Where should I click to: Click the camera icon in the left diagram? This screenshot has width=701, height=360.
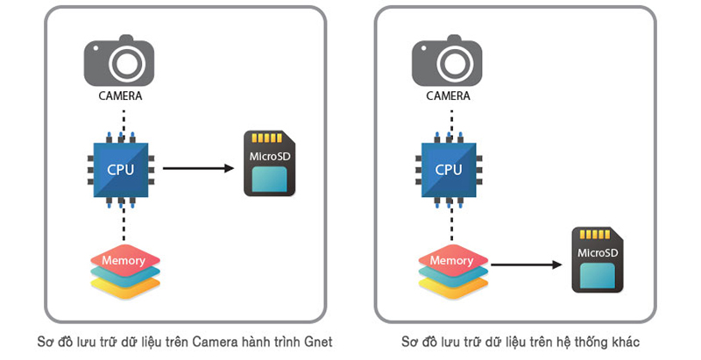(124, 61)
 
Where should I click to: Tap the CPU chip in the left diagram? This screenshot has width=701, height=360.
(121, 168)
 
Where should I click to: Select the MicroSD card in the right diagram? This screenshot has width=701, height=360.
(599, 259)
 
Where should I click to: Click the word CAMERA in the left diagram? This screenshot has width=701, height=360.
(121, 95)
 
